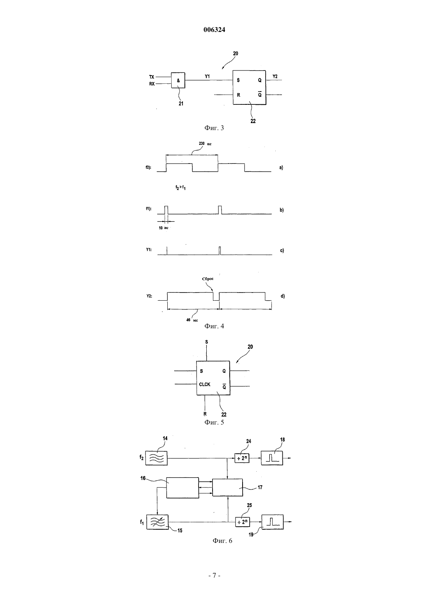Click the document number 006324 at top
click(x=214, y=30)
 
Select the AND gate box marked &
click(x=178, y=80)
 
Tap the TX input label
click(x=152, y=77)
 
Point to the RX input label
click(x=152, y=84)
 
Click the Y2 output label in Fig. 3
click(x=275, y=77)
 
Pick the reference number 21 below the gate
click(x=181, y=103)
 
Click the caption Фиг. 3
click(x=214, y=128)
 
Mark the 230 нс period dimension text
click(x=205, y=144)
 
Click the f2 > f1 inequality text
click(x=180, y=187)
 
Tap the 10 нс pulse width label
click(x=163, y=228)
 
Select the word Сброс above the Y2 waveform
click(x=208, y=278)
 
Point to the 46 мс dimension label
click(x=192, y=320)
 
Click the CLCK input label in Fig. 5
click(x=205, y=384)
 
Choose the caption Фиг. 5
click(x=214, y=422)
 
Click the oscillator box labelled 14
click(x=156, y=458)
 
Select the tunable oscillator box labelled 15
click(x=157, y=522)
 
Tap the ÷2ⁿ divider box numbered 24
click(x=242, y=458)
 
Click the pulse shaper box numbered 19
click(x=273, y=522)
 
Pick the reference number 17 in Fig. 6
click(x=260, y=487)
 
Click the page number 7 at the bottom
click(x=214, y=576)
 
